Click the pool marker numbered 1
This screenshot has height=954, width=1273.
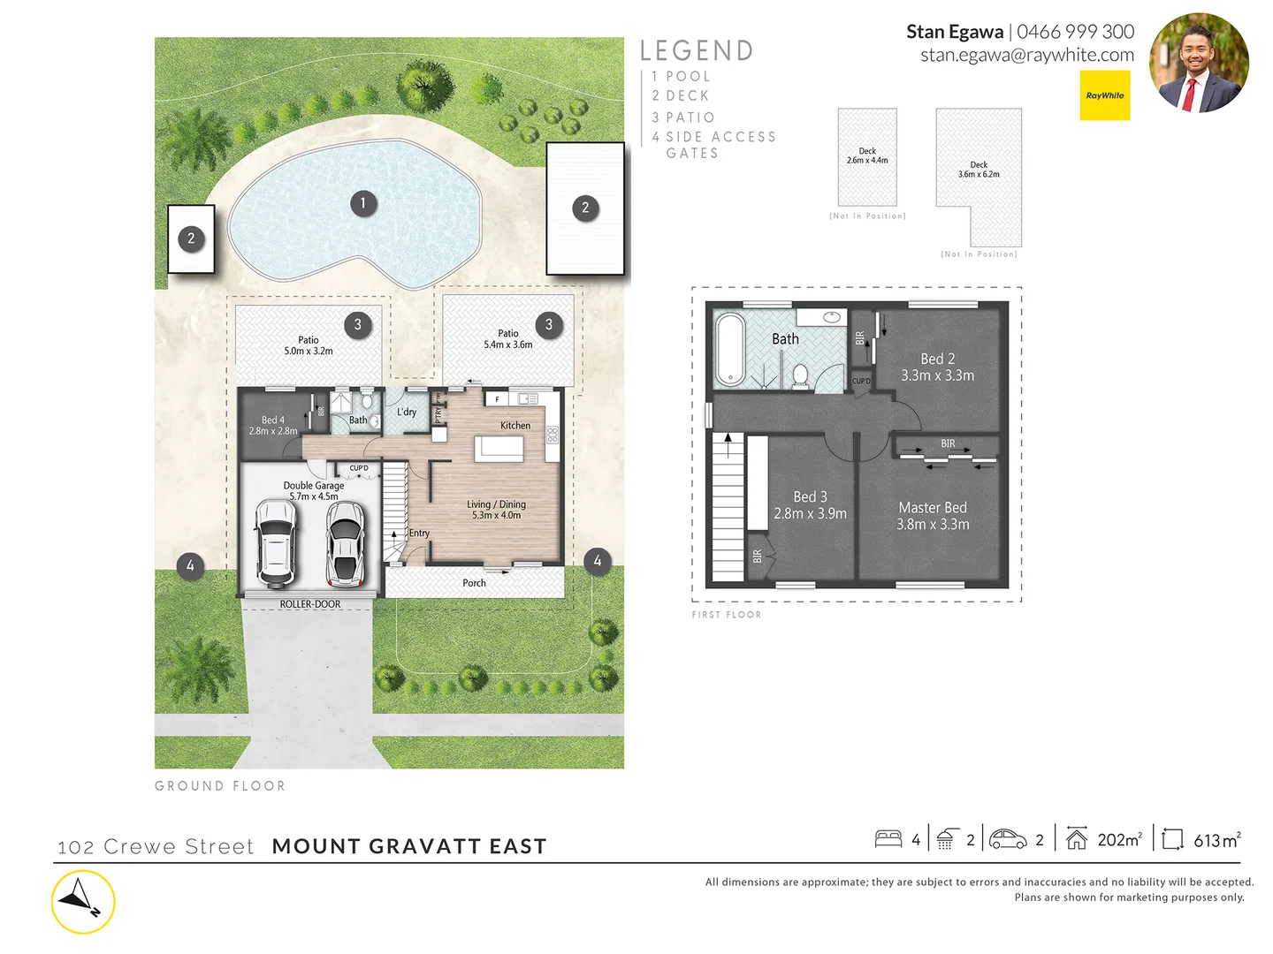(x=362, y=203)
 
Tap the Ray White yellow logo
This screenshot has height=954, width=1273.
(x=1105, y=95)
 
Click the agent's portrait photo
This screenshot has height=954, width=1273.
(x=1199, y=63)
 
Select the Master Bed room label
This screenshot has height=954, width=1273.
(x=933, y=516)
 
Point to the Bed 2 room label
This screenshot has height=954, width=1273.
(x=937, y=367)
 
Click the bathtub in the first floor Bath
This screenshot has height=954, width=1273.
(x=729, y=349)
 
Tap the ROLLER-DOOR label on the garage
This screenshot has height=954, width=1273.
(x=309, y=604)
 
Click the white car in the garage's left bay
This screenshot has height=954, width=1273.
(x=276, y=542)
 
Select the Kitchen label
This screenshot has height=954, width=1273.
(x=515, y=426)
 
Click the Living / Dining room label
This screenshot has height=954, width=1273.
(x=496, y=510)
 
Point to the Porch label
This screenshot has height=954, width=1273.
(x=474, y=583)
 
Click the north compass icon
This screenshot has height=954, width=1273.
(x=83, y=902)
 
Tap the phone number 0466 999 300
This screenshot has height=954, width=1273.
(x=1075, y=32)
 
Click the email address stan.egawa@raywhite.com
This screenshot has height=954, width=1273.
(x=1026, y=55)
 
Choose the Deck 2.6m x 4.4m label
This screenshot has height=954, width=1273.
(x=867, y=155)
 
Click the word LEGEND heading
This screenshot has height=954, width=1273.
(x=697, y=51)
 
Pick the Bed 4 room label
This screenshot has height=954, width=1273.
(x=273, y=426)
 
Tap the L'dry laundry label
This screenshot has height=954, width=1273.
(x=407, y=413)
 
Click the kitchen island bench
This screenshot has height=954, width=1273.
(x=500, y=449)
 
